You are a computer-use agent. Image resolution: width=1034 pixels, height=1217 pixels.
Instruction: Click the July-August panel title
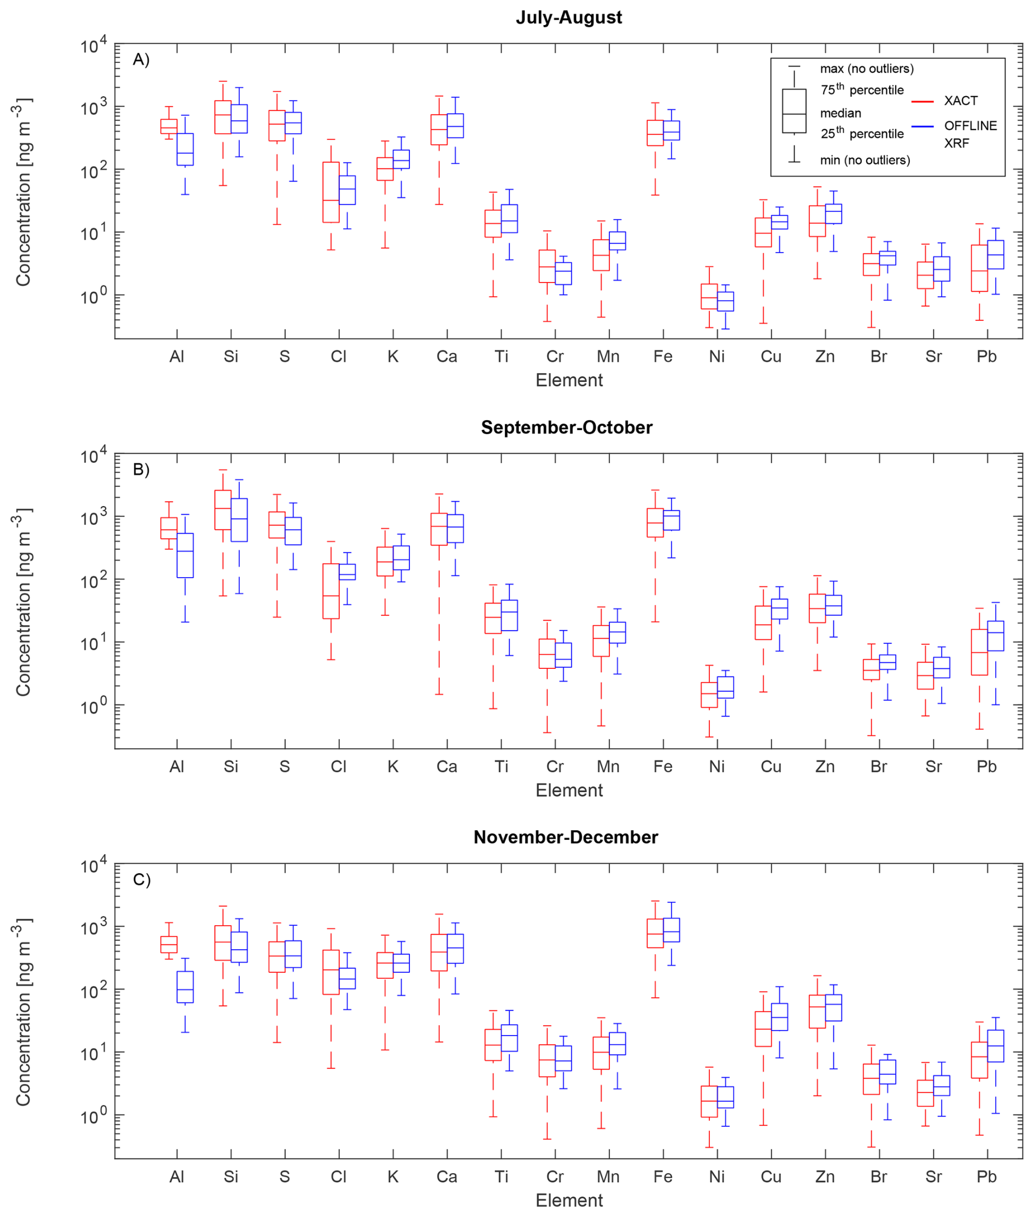[568, 17]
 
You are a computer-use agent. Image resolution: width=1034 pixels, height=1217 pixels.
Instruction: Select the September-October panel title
[566, 427]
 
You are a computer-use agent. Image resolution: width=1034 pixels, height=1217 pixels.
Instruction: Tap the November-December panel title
[566, 837]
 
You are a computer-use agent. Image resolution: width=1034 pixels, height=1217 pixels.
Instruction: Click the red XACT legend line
[922, 102]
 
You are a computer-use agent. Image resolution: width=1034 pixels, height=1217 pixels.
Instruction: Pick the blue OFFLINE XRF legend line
[922, 127]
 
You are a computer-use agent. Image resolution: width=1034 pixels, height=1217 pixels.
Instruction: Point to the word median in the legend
[841, 113]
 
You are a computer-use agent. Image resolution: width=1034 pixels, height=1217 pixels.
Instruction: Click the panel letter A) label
[141, 60]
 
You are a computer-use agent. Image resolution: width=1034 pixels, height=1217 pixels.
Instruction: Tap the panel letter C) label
[141, 880]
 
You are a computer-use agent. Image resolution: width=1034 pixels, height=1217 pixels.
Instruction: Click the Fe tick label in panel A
[663, 356]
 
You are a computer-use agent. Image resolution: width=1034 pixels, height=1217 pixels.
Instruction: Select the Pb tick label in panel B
[986, 766]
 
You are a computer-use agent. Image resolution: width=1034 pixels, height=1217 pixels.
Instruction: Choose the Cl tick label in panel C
[339, 1176]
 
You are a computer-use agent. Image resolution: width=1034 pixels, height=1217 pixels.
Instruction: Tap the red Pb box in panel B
[979, 652]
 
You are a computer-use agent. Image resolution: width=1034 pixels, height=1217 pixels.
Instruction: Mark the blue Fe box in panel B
[671, 520]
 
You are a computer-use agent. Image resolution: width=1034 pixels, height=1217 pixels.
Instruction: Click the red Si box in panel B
[223, 509]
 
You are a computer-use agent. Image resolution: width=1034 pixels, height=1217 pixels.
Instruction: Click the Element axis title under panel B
[568, 790]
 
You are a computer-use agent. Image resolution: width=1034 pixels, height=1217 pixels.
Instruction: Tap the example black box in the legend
[794, 111]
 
